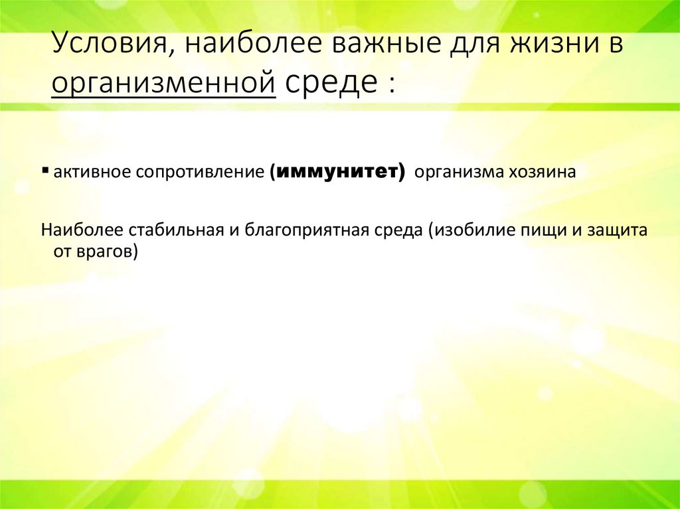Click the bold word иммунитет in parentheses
[338, 173]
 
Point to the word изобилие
[465, 231]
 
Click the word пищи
[533, 231]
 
